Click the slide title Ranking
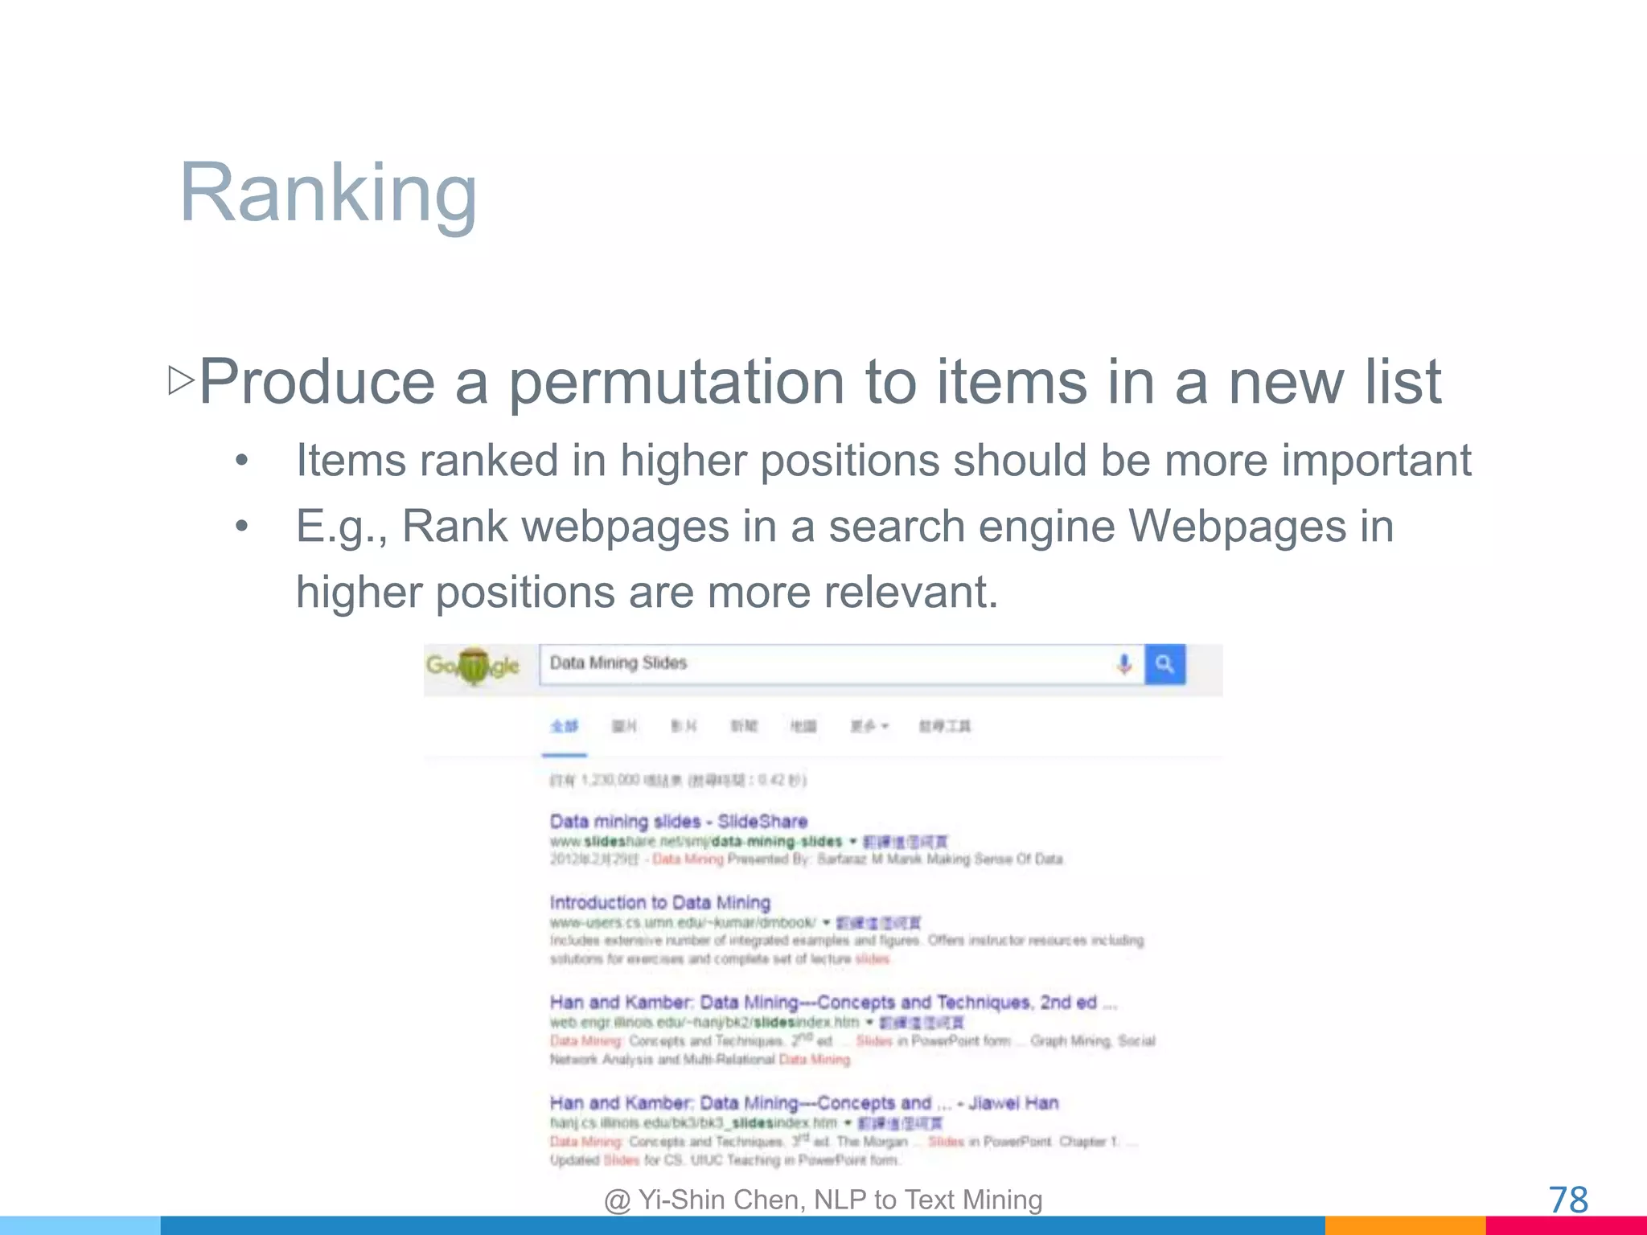(x=328, y=193)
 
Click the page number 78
(x=1568, y=1200)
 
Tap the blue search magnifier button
(x=1164, y=664)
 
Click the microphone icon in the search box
(x=1124, y=664)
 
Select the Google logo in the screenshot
(x=473, y=666)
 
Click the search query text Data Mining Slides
(x=618, y=663)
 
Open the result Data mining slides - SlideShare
(x=678, y=822)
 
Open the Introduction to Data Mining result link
(x=659, y=903)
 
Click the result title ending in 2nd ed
(x=832, y=1003)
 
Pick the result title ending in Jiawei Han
(x=803, y=1103)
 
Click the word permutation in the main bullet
(x=676, y=383)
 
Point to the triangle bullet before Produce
(x=181, y=380)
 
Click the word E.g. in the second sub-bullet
(x=341, y=527)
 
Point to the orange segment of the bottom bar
(x=1404, y=1225)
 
